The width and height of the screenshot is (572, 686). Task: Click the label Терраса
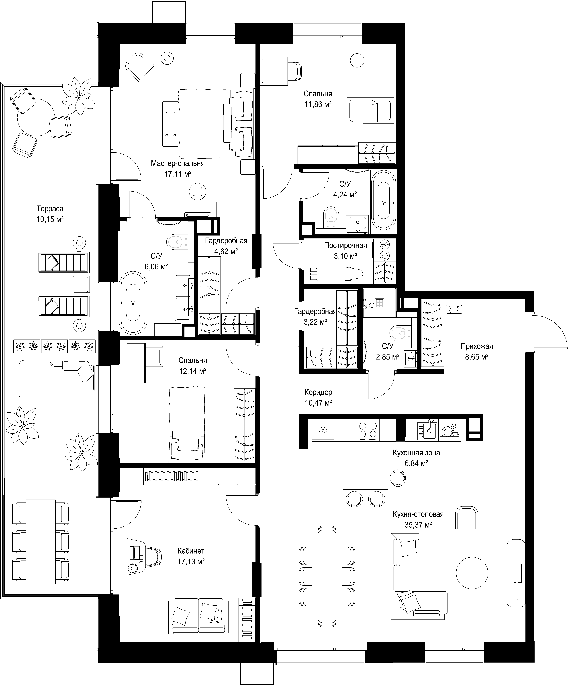[x=50, y=208]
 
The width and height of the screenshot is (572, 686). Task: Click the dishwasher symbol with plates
[x=450, y=431]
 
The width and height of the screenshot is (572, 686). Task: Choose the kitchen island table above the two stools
[x=365, y=478]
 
